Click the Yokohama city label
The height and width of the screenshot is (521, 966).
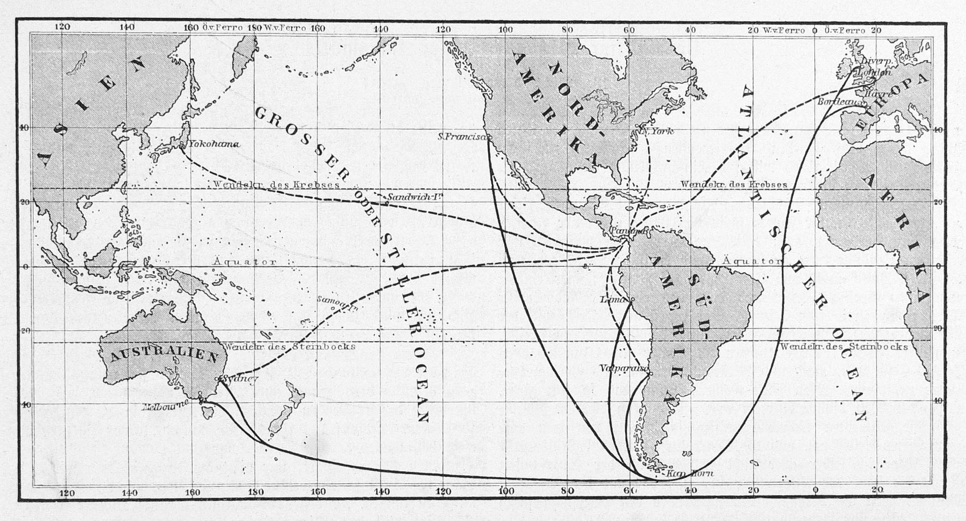coord(214,144)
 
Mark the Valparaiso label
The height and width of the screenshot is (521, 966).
coord(623,368)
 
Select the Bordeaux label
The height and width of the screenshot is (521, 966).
coord(840,102)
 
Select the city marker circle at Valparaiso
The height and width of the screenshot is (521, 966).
coord(651,373)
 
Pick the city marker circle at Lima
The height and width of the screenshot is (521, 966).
coord(633,299)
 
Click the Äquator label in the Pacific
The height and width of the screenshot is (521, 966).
coord(245,262)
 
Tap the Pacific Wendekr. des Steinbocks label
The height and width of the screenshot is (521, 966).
coord(289,347)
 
